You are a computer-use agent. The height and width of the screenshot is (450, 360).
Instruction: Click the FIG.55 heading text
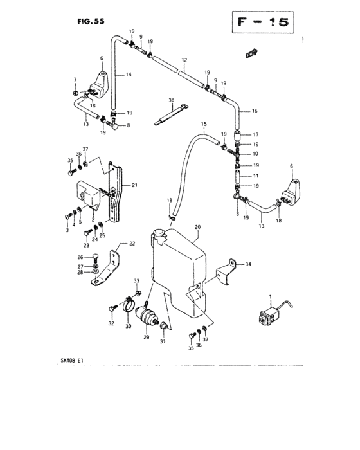(91, 21)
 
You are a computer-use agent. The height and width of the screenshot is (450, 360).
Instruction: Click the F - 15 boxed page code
(263, 22)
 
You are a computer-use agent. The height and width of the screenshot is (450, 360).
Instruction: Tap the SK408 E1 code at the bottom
(72, 361)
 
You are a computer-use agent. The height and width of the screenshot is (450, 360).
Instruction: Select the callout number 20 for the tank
(197, 227)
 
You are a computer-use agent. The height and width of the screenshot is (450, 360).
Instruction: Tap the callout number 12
(184, 60)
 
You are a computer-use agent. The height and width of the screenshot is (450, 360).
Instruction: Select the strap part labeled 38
(172, 115)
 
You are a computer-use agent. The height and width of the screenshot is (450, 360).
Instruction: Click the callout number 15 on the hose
(204, 124)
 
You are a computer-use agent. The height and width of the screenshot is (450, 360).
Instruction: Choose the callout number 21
(134, 185)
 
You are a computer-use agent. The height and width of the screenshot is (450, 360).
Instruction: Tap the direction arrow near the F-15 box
(252, 53)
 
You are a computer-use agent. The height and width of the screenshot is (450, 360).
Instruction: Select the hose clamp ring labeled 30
(129, 305)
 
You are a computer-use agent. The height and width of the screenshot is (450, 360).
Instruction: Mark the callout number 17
(255, 134)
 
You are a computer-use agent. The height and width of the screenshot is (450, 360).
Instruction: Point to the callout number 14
(129, 75)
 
